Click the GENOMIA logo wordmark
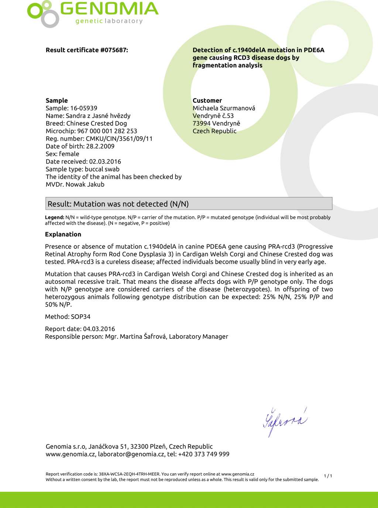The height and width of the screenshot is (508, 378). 109,9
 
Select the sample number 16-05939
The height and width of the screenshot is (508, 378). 83,108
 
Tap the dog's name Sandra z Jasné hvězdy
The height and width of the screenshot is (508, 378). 98,116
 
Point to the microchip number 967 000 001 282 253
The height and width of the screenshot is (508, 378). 107,131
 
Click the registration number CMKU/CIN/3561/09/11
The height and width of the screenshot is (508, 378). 119,139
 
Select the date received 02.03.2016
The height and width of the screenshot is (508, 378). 105,162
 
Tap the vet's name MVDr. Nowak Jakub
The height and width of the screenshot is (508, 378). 75,184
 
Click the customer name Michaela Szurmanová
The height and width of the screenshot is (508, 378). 224,108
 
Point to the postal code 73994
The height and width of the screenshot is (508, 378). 202,123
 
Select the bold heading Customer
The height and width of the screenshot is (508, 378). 207,100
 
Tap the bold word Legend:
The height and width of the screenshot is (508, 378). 55,217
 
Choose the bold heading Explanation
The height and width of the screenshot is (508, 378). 63,234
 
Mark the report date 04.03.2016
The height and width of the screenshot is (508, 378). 99,329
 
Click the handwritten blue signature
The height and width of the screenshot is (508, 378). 285,422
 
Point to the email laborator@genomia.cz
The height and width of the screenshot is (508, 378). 131,454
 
